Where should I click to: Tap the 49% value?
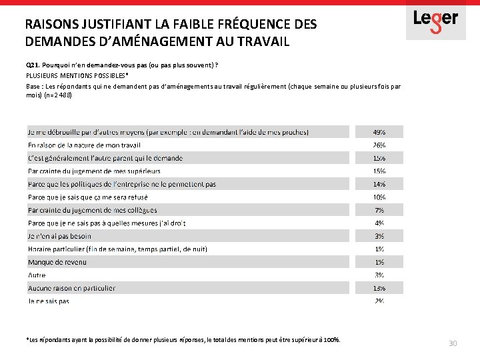point(379,132)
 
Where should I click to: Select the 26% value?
point(379,145)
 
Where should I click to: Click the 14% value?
point(379,184)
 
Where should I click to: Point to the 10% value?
point(379,197)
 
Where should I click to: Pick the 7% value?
point(379,210)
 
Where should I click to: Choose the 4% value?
point(379,223)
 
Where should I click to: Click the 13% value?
point(379,288)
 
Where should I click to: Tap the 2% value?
point(379,301)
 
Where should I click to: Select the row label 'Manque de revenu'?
point(57,262)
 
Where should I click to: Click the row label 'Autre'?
point(37,275)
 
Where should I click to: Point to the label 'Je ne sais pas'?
point(49,301)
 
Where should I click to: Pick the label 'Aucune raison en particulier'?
point(71,288)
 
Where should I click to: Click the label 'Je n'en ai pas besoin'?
point(59,236)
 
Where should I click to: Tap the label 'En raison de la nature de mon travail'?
point(84,145)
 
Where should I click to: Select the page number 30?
point(453,343)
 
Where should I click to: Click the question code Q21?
point(33,65)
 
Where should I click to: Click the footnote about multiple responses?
point(183,340)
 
